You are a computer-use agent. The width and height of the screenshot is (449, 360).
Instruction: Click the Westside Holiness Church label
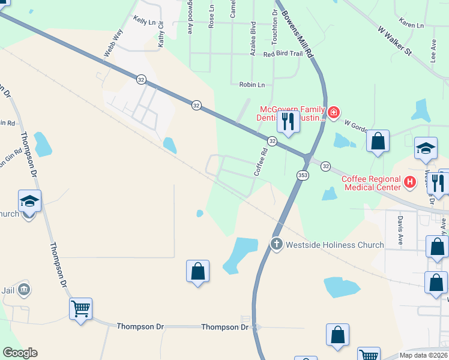pyautogui.click(x=335, y=245)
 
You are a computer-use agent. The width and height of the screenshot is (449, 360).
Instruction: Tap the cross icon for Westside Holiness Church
pyautogui.click(x=276, y=244)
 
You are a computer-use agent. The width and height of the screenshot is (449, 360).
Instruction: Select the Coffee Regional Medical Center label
pyautogui.click(x=371, y=183)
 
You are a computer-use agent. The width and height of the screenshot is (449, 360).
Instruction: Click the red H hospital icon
pyautogui.click(x=410, y=181)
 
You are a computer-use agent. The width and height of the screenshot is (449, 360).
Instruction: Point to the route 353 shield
pyautogui.click(x=303, y=175)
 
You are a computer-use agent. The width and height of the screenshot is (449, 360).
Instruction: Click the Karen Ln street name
pyautogui.click(x=411, y=26)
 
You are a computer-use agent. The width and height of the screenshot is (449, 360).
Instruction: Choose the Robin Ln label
pyautogui.click(x=252, y=85)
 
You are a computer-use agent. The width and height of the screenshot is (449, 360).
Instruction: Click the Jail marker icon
pyautogui.click(x=24, y=289)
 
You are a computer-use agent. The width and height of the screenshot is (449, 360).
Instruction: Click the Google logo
pyautogui.click(x=20, y=353)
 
